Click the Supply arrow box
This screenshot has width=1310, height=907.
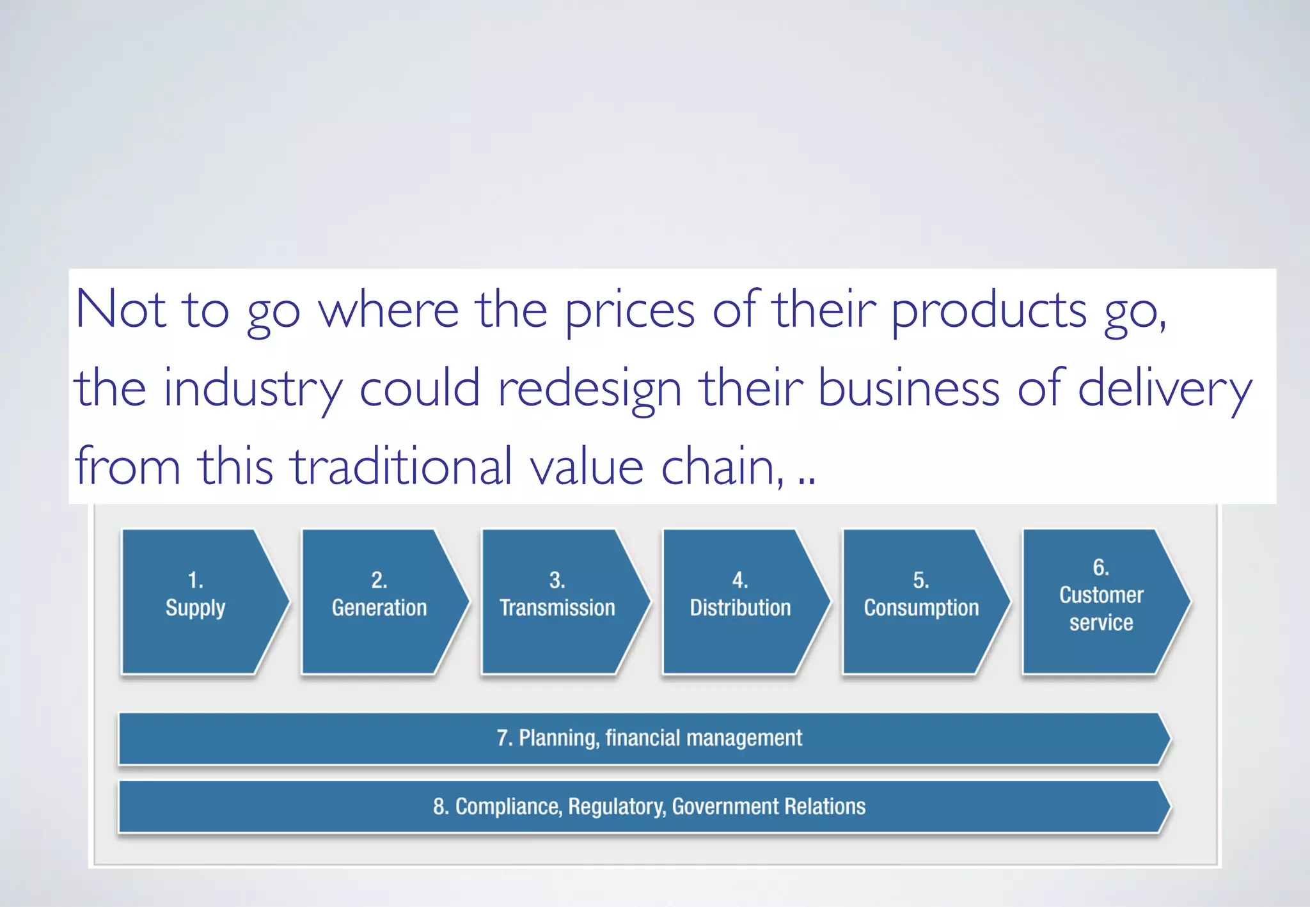click(x=195, y=601)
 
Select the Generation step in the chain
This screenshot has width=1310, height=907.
click(x=379, y=601)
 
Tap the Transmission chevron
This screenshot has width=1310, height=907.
click(x=557, y=601)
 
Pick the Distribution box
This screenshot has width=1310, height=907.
click(x=740, y=601)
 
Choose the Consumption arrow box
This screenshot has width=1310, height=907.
click(x=921, y=601)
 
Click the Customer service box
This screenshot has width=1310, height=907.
click(x=1101, y=601)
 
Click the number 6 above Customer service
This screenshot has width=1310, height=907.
click(x=1101, y=567)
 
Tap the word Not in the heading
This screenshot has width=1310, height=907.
click(x=121, y=310)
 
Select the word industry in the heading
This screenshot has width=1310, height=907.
click(x=253, y=389)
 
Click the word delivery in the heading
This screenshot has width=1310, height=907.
click(x=1164, y=389)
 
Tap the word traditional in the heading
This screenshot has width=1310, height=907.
click(x=402, y=466)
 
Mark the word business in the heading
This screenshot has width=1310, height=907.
click(x=908, y=389)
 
